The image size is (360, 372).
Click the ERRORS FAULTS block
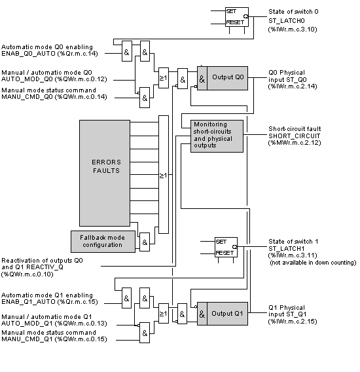point(105,173)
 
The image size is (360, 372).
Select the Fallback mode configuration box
point(103,242)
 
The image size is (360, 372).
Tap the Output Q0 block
point(223,78)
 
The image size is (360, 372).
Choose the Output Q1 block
point(223,314)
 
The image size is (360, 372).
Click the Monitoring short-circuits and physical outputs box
point(217,136)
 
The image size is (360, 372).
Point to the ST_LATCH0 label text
point(287,21)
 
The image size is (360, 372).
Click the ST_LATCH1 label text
point(287,249)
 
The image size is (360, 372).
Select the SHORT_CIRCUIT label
point(295,136)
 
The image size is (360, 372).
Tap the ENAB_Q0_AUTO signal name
point(28,54)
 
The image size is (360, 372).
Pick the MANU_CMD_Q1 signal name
point(27,339)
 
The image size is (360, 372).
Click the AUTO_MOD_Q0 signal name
point(27,79)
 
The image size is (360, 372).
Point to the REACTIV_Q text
point(45,267)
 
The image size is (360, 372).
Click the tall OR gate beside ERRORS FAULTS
point(164,175)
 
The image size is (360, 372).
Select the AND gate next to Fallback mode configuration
point(145,242)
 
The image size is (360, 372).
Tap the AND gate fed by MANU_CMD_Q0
point(145,98)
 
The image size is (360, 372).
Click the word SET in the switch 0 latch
point(231,11)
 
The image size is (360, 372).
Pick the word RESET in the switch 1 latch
point(225,253)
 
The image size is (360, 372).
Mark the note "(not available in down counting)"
point(313,263)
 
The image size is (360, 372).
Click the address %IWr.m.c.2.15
point(293,322)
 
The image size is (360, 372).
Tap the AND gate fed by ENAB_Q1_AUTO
point(126,298)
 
